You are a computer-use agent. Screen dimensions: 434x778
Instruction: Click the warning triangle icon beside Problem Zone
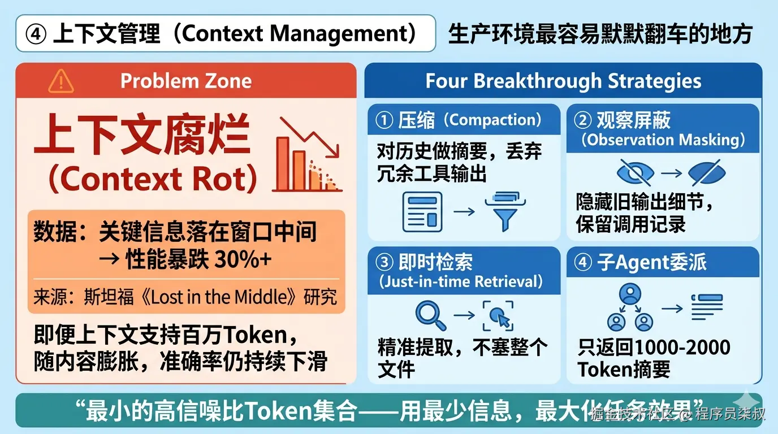(x=61, y=81)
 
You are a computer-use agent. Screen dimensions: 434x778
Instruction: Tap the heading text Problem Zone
(x=186, y=81)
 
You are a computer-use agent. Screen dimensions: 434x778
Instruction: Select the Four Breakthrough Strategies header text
(x=563, y=81)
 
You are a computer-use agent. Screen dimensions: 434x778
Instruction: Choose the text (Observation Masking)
(x=663, y=140)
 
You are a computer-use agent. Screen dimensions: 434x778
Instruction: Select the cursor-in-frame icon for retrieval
(x=498, y=316)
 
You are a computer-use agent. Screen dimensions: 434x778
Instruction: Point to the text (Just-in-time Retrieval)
(x=461, y=281)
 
